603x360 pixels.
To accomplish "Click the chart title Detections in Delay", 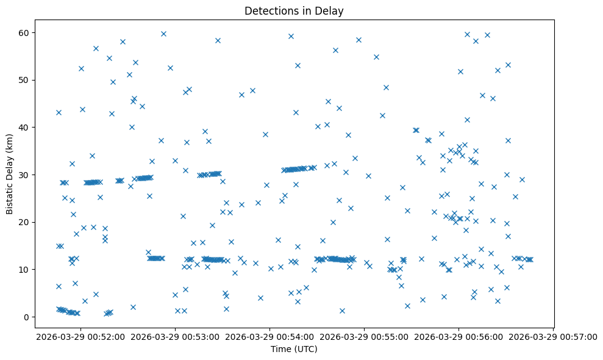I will tap(293, 11).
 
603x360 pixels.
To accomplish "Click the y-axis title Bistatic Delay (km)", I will tap(10, 175).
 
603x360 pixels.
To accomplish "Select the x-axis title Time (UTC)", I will tap(293, 349).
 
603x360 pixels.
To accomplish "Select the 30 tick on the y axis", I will tap(32, 175).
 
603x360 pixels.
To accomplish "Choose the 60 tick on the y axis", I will tap(32, 32).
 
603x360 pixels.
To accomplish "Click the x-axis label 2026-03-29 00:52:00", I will tap(81, 336).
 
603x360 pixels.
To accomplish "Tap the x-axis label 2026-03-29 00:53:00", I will tap(176, 336).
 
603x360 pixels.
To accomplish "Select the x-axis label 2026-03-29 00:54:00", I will tap(270, 336).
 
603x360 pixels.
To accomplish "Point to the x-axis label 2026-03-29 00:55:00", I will tap(365, 336).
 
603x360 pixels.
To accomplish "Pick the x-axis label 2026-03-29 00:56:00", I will tap(459, 336).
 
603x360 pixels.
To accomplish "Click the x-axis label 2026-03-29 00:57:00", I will tap(553, 336).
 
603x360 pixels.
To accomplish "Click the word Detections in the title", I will tap(269, 11).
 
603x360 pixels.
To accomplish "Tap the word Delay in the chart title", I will tap(330, 11).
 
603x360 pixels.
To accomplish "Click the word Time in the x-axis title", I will tap(281, 349).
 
